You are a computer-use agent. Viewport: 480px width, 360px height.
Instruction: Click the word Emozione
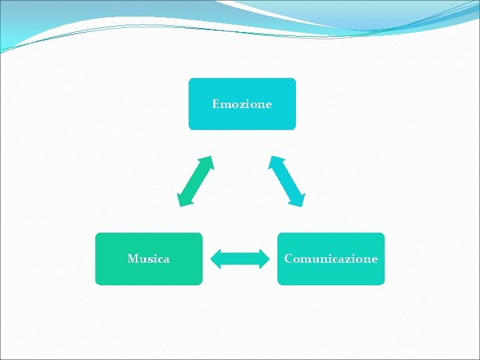click(242, 104)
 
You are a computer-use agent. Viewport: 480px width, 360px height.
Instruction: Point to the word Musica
click(148, 259)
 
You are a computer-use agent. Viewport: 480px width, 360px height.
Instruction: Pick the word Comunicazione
click(331, 259)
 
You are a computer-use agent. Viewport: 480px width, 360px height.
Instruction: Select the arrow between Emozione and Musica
click(195, 181)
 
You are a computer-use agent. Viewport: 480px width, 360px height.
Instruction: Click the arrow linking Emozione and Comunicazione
click(287, 181)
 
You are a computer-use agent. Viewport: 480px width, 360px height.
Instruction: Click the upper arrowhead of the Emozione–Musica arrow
click(207, 161)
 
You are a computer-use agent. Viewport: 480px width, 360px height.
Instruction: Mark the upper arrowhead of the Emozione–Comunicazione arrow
click(275, 161)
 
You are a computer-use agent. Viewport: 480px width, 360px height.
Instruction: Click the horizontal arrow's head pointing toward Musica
click(215, 259)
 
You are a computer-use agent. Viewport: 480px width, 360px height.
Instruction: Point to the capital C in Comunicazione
click(288, 259)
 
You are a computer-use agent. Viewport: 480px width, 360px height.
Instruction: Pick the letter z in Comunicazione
click(347, 259)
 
